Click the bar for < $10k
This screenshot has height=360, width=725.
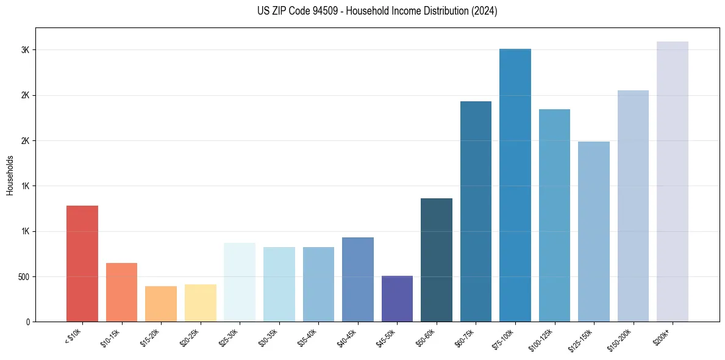(x=82, y=264)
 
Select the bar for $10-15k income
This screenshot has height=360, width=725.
(x=121, y=292)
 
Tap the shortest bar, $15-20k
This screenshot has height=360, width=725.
(x=161, y=304)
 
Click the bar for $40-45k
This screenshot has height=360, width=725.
(x=357, y=279)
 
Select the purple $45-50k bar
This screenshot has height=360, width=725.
(x=397, y=299)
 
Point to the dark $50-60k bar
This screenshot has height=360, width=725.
(x=437, y=260)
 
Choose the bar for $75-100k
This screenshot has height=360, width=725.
(x=515, y=185)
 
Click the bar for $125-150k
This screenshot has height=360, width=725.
(x=594, y=231)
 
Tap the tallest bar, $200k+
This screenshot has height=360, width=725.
(x=673, y=181)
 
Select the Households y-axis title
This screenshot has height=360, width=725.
(x=10, y=175)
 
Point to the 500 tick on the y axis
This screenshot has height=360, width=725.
(x=23, y=276)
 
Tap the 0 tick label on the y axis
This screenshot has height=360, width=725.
(x=27, y=322)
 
